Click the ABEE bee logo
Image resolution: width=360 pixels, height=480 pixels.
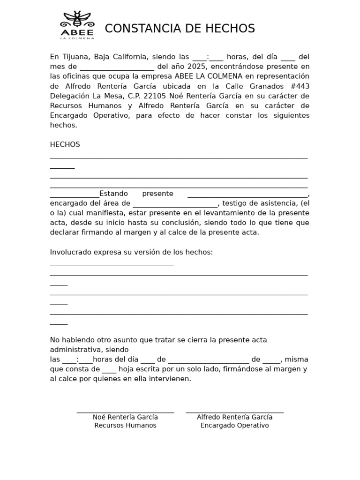pyautogui.click(x=77, y=25)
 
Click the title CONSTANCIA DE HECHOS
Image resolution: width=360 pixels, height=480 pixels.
pyautogui.click(x=180, y=29)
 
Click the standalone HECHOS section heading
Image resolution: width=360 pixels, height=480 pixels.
pyautogui.click(x=65, y=144)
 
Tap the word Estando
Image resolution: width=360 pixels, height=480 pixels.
pyautogui.click(x=113, y=194)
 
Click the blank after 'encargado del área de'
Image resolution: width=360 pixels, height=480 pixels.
pyautogui.click(x=175, y=204)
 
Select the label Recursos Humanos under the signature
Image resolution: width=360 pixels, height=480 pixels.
pyautogui.click(x=125, y=426)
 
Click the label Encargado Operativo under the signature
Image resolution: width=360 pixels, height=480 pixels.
pyautogui.click(x=234, y=426)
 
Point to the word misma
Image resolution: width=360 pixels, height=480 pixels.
pyautogui.click(x=297, y=360)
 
